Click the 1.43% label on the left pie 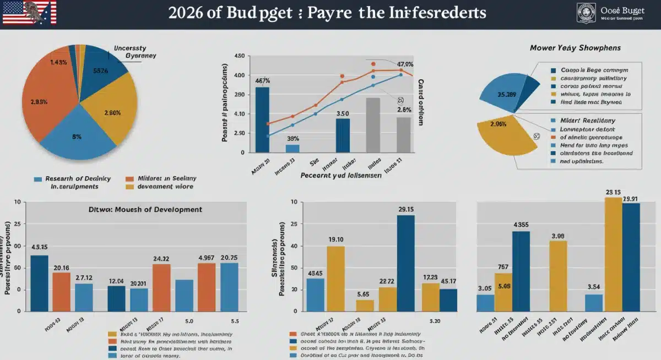click(x=58, y=62)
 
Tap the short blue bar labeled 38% click(x=292, y=148)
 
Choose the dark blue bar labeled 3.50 click(x=343, y=135)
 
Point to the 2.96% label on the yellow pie click(x=497, y=124)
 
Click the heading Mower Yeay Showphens click(x=575, y=48)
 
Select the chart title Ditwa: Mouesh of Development click(x=145, y=210)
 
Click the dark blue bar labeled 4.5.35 click(x=39, y=283)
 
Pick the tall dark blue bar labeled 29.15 click(x=405, y=263)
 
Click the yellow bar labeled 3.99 click(x=557, y=276)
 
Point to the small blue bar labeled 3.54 click(x=594, y=303)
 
